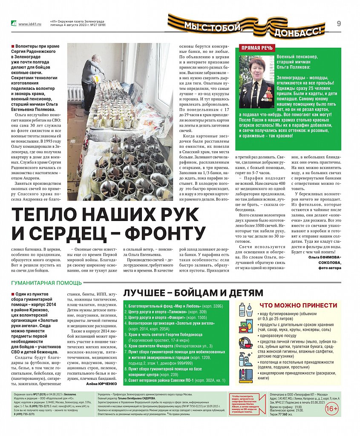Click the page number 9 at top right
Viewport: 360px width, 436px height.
point(339,24)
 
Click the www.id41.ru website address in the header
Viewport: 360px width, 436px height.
point(30,24)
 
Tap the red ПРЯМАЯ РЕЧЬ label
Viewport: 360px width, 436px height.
point(257,48)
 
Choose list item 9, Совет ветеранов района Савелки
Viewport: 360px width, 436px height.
point(179,380)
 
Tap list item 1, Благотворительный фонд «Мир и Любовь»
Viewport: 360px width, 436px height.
point(179,306)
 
